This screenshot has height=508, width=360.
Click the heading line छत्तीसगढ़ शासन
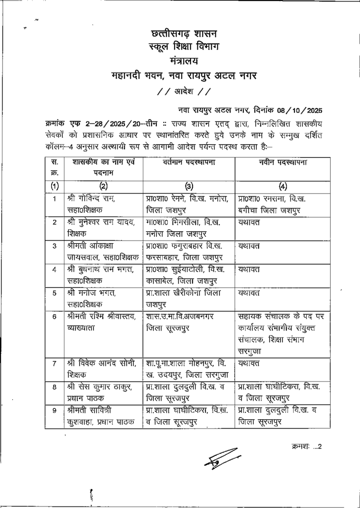coord(183,34)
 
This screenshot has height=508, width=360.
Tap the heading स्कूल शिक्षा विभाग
coord(183,48)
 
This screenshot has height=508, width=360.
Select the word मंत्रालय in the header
coord(183,62)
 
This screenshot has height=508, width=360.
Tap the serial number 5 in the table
coord(54,292)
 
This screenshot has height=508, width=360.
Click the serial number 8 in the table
coord(54,387)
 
